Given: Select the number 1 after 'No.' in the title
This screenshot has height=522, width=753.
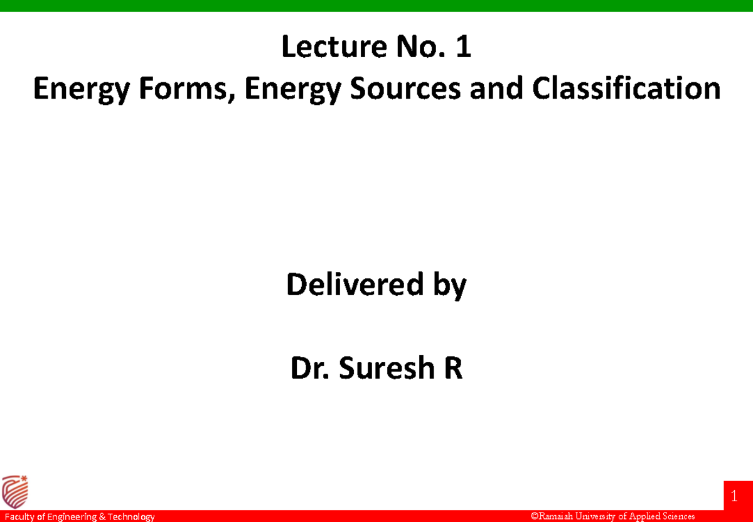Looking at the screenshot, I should click(463, 47).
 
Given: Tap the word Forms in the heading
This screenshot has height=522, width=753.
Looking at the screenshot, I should click(197, 89).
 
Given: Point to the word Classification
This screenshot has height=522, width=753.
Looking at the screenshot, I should click(626, 89).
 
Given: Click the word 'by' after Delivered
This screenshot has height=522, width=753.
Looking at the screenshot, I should click(449, 286).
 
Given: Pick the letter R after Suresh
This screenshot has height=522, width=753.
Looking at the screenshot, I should click(453, 369).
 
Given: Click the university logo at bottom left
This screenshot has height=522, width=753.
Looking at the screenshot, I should click(15, 491).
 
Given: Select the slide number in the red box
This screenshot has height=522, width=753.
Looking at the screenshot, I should click(734, 498).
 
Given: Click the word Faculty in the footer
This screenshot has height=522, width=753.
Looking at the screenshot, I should click(18, 517).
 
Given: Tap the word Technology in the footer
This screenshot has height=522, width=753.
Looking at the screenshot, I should click(131, 517).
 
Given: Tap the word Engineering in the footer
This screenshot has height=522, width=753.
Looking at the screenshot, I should click(71, 517).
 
